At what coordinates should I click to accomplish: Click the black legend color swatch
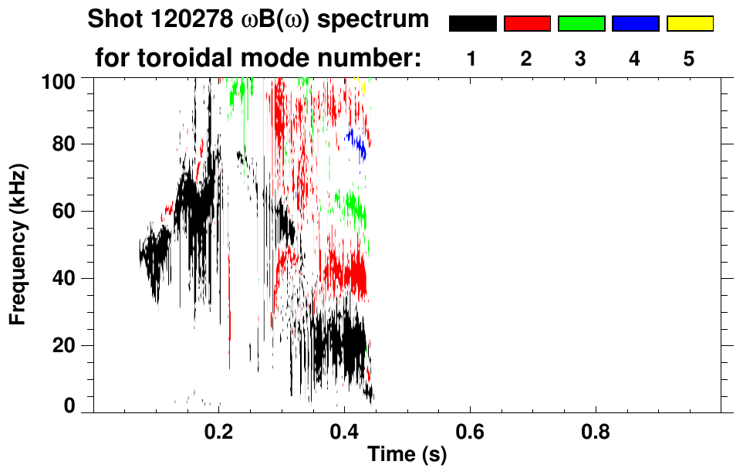click(472, 24)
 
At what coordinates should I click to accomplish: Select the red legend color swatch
click(527, 24)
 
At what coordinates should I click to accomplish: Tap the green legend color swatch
click(581, 24)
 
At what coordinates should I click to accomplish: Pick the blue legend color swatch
click(635, 24)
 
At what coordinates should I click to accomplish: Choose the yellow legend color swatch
click(689, 24)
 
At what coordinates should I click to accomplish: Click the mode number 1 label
click(471, 59)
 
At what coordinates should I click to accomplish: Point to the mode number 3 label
click(580, 59)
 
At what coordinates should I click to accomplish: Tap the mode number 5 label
click(688, 59)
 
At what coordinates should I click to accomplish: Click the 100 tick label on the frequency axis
click(58, 80)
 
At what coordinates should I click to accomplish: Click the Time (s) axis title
click(407, 456)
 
